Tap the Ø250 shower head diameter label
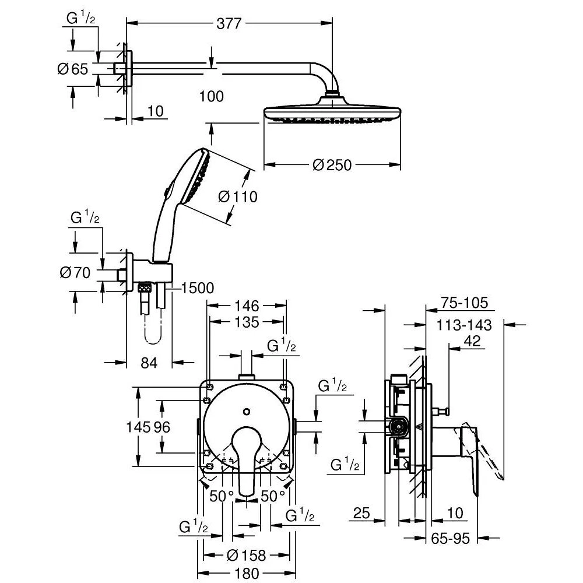coord(332,165)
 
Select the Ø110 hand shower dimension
coord(238,197)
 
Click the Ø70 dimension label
coord(75,272)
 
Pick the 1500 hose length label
coord(198,287)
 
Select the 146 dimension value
coord(247,305)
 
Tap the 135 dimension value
coord(247,322)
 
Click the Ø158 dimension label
coord(245,555)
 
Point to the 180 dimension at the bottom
coord(245,573)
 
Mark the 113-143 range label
coord(465,325)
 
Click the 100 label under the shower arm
coord(211,96)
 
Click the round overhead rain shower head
coord(332,111)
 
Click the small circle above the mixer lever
coord(247,412)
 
